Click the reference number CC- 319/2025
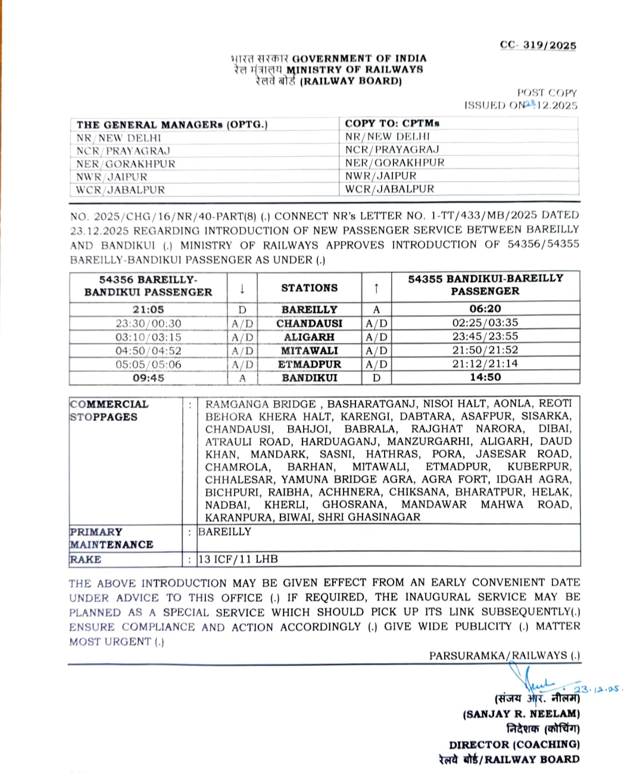pyautogui.click(x=538, y=45)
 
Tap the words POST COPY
pyautogui.click(x=547, y=92)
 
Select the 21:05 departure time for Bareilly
pyautogui.click(x=148, y=310)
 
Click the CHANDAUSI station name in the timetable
pyautogui.click(x=309, y=323)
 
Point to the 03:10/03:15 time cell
pyautogui.click(x=148, y=337)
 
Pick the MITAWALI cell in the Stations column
pyautogui.click(x=309, y=351)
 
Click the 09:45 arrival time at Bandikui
pyautogui.click(x=148, y=378)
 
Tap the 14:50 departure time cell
pyautogui.click(x=485, y=377)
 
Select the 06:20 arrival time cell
pyautogui.click(x=485, y=309)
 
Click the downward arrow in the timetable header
pyautogui.click(x=242, y=289)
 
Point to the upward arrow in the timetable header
pyautogui.click(x=376, y=288)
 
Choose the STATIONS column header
pyautogui.click(x=309, y=288)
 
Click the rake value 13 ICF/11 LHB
pyautogui.click(x=238, y=559)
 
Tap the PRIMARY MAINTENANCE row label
pyautogui.click(x=111, y=538)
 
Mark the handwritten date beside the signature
pyautogui.click(x=598, y=689)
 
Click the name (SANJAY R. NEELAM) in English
pyautogui.click(x=521, y=714)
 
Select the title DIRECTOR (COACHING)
pyautogui.click(x=514, y=744)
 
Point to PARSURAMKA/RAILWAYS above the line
pyautogui.click(x=504, y=655)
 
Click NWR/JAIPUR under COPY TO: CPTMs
pyautogui.click(x=380, y=176)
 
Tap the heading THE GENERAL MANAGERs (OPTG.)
pyautogui.click(x=172, y=124)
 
